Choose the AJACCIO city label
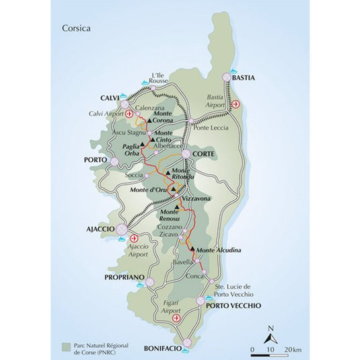click(x=100, y=229)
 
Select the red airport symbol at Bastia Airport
click(x=236, y=104)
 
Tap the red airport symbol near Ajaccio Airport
click(x=134, y=238)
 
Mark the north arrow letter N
click(x=269, y=328)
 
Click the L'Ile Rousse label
click(x=158, y=77)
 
